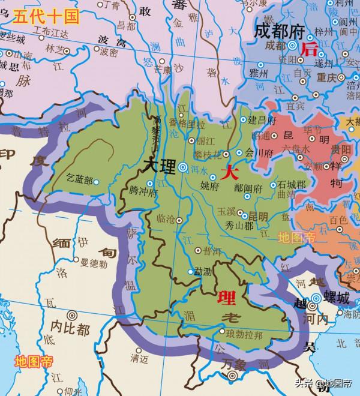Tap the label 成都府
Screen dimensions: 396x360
coord(277,30)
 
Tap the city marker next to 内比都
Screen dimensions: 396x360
coord(72,314)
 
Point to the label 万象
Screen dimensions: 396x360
coord(233,365)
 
